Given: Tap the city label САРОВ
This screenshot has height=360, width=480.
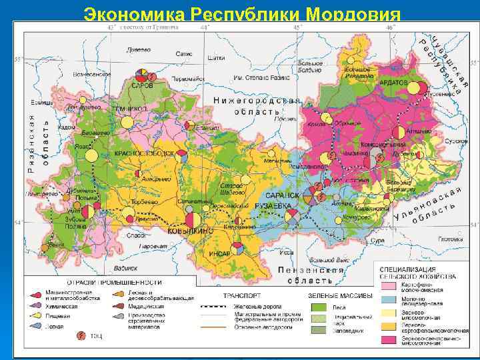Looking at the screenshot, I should pos(141,86).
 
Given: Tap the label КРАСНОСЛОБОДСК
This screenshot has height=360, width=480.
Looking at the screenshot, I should pos(145,153).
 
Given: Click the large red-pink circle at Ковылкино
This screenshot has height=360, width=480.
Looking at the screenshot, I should pos(193,219).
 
